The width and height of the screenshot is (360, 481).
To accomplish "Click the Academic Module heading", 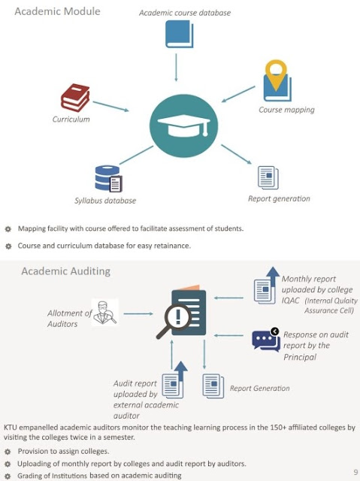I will tap(57, 11).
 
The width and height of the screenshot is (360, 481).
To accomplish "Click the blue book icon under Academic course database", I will tap(180, 34).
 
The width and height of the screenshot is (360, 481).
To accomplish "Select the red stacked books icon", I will tap(75, 98).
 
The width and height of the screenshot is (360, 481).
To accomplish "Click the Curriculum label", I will tap(71, 119).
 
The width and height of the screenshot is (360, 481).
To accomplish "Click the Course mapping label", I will tap(286, 110).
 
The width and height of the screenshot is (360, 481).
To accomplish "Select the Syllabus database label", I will tap(105, 201).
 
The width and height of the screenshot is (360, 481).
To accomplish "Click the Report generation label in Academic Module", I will tap(279, 198).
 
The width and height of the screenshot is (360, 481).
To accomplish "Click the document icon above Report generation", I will tap(268, 176).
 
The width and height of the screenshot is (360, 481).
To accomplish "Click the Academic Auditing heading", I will tap(65, 271).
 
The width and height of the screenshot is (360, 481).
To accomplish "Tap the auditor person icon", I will tap(104, 313).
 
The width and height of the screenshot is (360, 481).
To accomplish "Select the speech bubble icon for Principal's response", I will tap(266, 340).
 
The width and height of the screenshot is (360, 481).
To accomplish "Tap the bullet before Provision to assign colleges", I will tap(8, 451).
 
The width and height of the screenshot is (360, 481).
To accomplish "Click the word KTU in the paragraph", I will tap(12, 427).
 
